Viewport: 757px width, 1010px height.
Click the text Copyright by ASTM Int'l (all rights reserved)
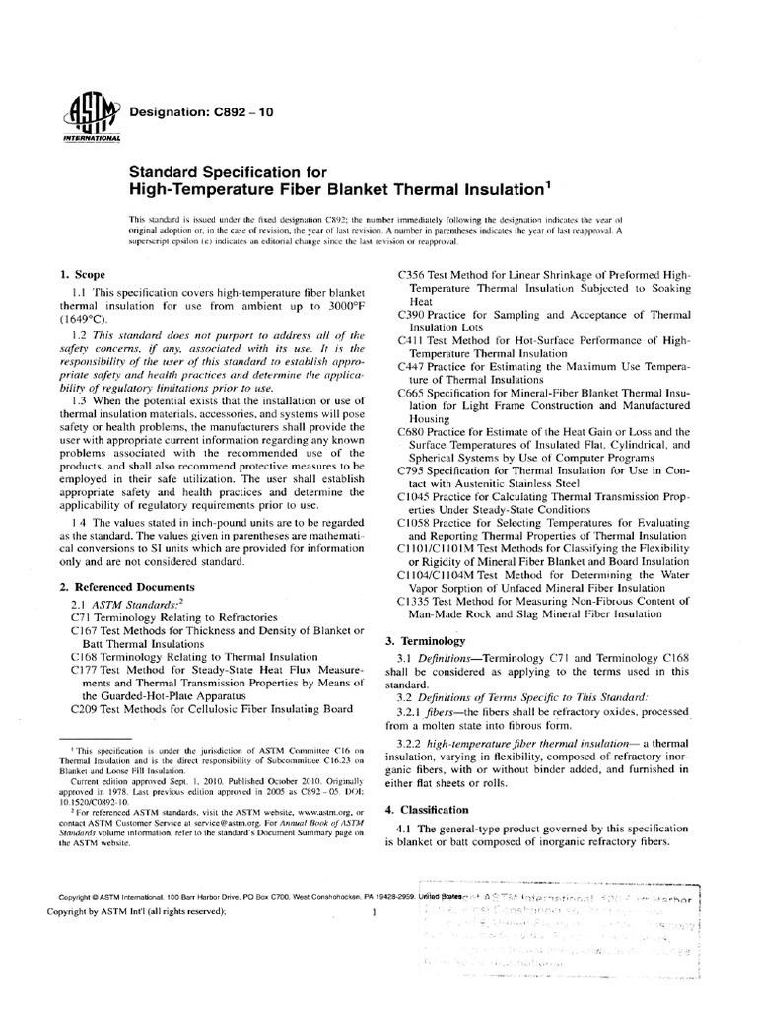pyautogui.click(x=143, y=912)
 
